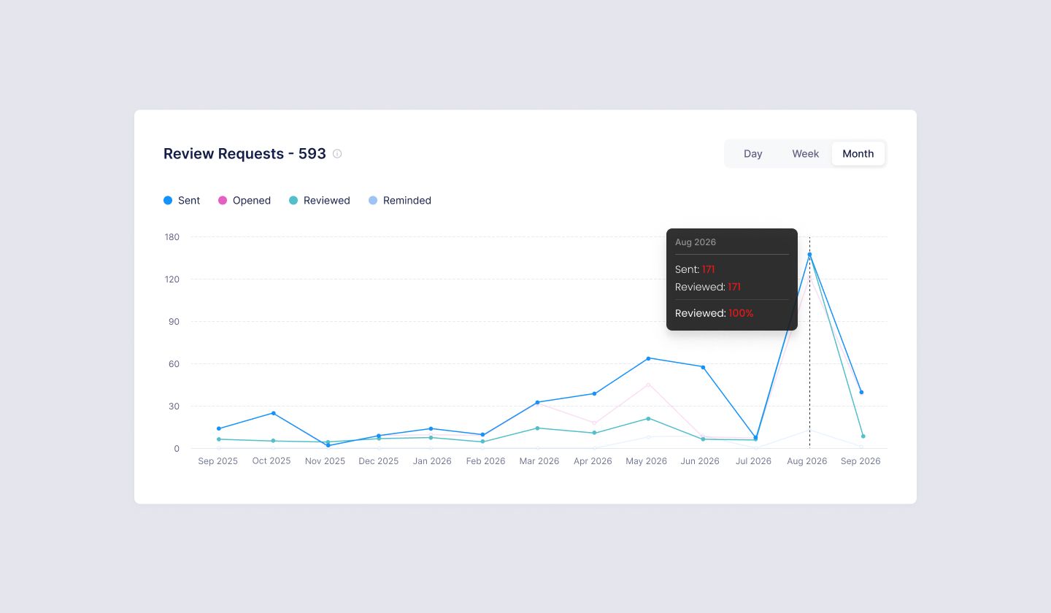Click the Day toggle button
tap(752, 153)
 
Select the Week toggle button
tap(805, 153)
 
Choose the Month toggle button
tap(858, 153)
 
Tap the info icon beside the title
tap(337, 153)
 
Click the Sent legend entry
tap(182, 200)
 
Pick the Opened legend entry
tap(245, 200)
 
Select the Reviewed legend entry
tap(320, 200)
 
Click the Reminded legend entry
tap(400, 200)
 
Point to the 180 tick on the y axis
tap(172, 237)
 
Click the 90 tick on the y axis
tap(174, 321)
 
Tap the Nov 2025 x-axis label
tap(325, 461)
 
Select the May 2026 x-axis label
tap(646, 461)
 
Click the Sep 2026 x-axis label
tap(861, 461)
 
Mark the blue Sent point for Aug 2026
tap(809, 255)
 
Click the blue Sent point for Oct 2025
tap(274, 413)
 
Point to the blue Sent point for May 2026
tap(648, 358)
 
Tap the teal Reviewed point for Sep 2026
tap(863, 436)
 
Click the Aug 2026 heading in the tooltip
tap(696, 242)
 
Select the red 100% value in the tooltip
tap(741, 313)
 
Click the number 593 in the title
tap(312, 153)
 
